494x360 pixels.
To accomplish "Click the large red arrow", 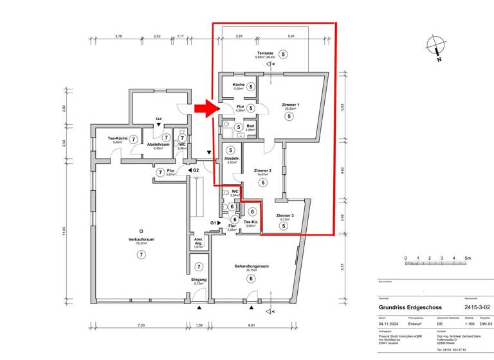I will pos(207,109).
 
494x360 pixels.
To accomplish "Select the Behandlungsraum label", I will pos(251,266).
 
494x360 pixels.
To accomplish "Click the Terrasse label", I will pos(264,53).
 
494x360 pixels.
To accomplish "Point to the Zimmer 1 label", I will pos(291,105).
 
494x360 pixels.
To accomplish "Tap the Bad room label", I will pos(251,126).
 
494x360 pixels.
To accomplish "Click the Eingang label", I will pos(199,280).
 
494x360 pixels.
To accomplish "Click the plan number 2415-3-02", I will pos(477,308).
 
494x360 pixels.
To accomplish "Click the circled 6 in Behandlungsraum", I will pos(251,279).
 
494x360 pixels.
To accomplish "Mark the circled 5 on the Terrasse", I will pos(284,55).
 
